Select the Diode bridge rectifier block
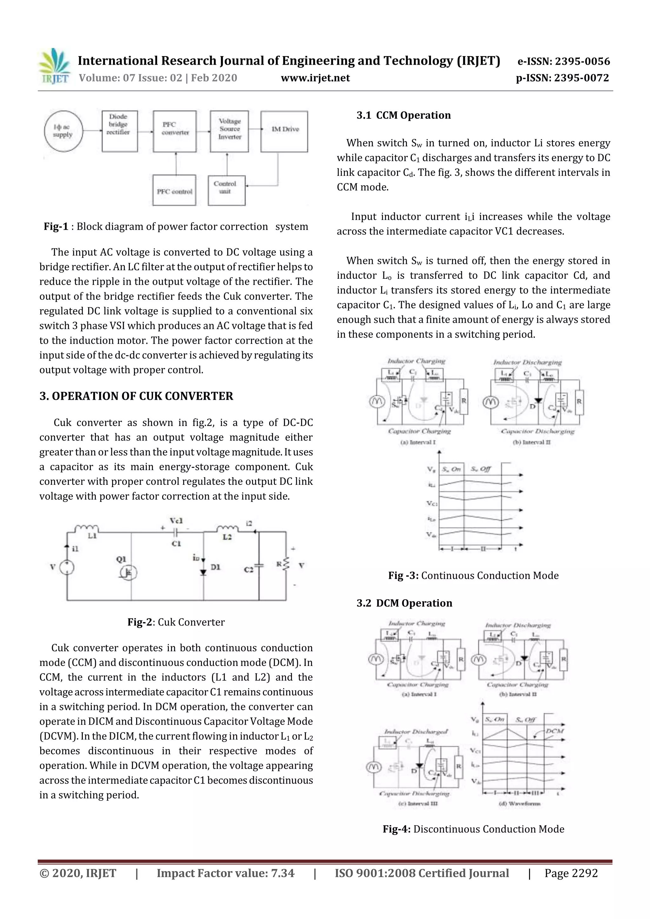click(119, 131)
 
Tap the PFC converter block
click(175, 131)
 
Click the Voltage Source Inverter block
click(229, 131)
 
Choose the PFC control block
click(174, 191)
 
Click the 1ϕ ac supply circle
click(63, 131)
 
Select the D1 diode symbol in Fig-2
click(203, 572)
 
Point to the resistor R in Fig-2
click(286, 564)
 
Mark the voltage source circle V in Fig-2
click(67, 567)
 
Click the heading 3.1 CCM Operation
click(403, 115)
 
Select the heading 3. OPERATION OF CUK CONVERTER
click(136, 396)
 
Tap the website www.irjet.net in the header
click(315, 78)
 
